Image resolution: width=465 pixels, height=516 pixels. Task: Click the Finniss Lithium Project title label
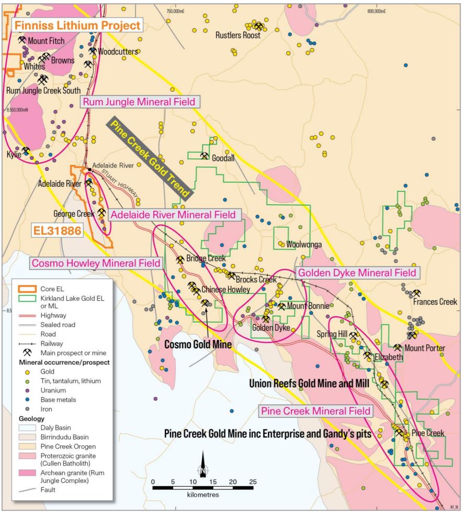(x=77, y=25)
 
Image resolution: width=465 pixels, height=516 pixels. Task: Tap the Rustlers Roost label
(x=238, y=36)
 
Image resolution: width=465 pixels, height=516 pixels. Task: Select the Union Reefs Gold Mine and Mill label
(x=309, y=383)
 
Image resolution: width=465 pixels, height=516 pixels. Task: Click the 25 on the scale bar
(x=253, y=482)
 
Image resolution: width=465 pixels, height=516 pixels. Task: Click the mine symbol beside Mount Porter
(x=398, y=348)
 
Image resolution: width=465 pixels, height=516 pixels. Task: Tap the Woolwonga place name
(x=303, y=244)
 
